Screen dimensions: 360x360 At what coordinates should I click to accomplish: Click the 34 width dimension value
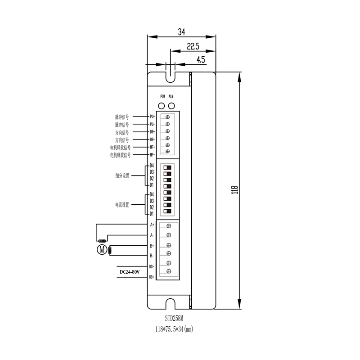pos(181,32)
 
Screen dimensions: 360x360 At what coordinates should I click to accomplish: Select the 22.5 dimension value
pos(193,46)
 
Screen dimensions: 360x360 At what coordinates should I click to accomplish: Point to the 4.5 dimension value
pos(201,59)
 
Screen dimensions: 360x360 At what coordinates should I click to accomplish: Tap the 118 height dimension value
pos(234,189)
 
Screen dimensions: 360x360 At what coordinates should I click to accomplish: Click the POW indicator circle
pos(162,106)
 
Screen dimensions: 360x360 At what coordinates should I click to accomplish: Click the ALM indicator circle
pos(171,106)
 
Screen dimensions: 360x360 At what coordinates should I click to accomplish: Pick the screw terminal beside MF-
pos(167,152)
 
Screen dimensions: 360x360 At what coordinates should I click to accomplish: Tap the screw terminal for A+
pos(169,225)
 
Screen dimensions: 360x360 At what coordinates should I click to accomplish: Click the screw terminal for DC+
pos(169,271)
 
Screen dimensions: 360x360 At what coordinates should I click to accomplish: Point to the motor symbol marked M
pos(102,250)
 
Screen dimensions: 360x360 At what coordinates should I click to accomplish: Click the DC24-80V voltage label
pos(130,272)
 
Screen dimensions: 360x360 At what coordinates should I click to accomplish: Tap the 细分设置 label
pos(122,176)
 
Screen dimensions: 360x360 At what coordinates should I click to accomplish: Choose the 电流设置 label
pos(122,205)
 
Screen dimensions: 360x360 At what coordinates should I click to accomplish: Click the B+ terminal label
pos(152,246)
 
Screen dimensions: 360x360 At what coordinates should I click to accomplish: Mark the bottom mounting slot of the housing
pos(170,304)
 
